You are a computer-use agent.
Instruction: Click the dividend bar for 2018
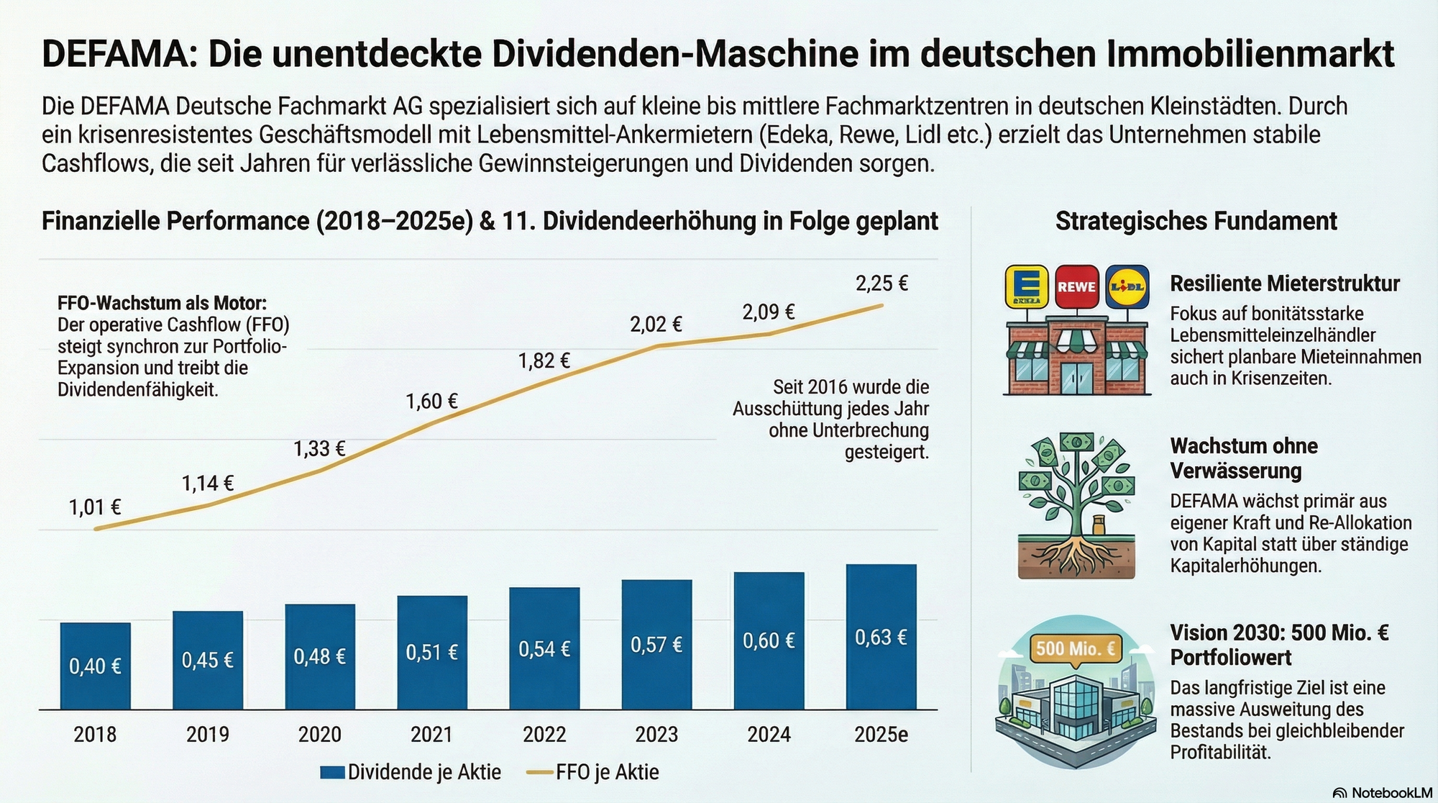click(x=95, y=666)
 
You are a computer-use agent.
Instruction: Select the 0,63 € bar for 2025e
click(x=881, y=638)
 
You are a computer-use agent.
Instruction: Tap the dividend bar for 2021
click(x=431, y=652)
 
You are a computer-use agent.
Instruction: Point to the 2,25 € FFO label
click(x=881, y=283)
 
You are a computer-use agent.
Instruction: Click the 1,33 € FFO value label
click(x=319, y=449)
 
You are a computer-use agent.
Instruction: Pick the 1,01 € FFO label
click(x=95, y=508)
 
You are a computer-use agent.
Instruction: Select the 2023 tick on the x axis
click(x=656, y=735)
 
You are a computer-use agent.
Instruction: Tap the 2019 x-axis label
click(x=208, y=735)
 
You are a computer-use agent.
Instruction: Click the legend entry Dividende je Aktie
click(x=411, y=772)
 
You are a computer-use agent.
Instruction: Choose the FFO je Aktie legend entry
click(x=593, y=772)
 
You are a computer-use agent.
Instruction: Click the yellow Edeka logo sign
click(x=1027, y=286)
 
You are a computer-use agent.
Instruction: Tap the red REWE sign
click(x=1076, y=286)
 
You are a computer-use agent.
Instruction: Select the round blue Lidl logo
click(x=1127, y=286)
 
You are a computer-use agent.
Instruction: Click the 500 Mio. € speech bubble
click(x=1075, y=649)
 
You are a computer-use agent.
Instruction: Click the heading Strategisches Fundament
click(x=1196, y=221)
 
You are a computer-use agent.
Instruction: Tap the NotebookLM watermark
click(x=1382, y=793)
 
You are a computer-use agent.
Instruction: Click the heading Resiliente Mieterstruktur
click(x=1284, y=283)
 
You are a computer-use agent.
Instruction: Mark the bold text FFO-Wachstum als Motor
click(x=162, y=304)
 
